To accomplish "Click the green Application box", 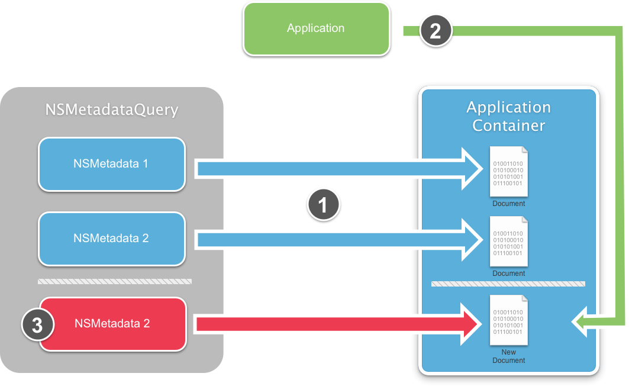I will tap(316, 28).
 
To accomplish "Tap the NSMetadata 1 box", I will tap(111, 164).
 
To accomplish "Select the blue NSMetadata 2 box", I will tap(111, 239).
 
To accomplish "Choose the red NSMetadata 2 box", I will tap(112, 324).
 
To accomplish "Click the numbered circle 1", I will tap(323, 205).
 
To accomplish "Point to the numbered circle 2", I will tap(435, 31).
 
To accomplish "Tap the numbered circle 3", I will tap(37, 326).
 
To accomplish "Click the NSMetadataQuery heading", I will tap(112, 110).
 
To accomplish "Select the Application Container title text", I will tap(508, 116).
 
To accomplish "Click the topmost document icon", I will tap(508, 171).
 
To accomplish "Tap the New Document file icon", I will tap(508, 320).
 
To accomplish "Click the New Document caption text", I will tap(508, 356).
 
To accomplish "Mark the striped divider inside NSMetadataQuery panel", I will tap(115, 281).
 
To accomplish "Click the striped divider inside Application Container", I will tap(508, 284).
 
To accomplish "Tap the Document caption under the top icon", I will tap(508, 204).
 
